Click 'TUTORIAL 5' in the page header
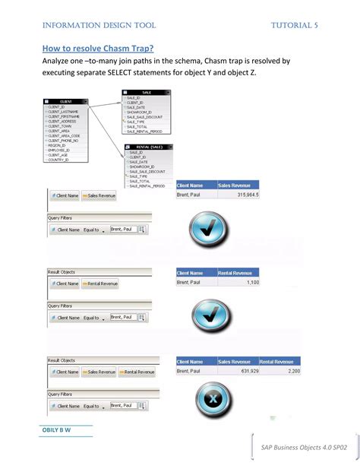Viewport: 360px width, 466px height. [295, 25]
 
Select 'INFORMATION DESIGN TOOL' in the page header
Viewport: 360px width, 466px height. [99, 25]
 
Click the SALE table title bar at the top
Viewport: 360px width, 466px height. [146, 92]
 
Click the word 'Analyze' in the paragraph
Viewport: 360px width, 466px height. [60, 61]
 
